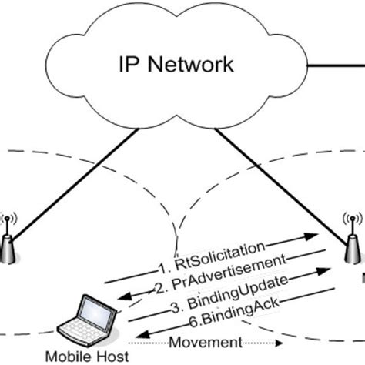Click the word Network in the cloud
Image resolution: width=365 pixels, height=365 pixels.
pyautogui.click(x=193, y=64)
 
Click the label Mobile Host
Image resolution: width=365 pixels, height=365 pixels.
pyautogui.click(x=78, y=356)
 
